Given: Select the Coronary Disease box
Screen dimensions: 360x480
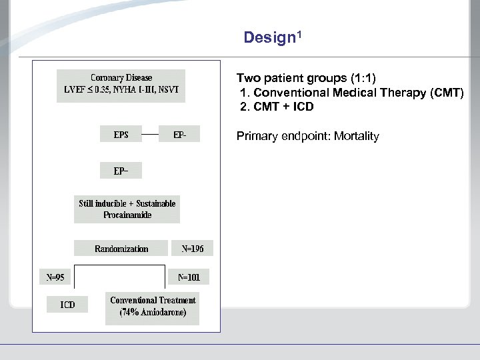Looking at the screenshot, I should [121, 85].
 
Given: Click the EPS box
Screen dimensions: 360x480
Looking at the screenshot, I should [121, 135].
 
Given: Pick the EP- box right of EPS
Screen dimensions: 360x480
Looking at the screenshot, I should [179, 135].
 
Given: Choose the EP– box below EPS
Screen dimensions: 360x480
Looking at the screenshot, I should [121, 171].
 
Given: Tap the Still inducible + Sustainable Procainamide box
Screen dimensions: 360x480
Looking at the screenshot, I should [127, 209].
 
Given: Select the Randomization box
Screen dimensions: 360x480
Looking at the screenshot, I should [121, 249].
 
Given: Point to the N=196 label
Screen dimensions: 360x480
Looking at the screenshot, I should [193, 249].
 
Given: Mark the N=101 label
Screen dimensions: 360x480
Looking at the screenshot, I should [189, 277].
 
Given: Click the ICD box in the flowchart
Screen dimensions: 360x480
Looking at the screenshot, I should [67, 305].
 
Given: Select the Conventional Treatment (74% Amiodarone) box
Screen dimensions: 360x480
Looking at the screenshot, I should [153, 307].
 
